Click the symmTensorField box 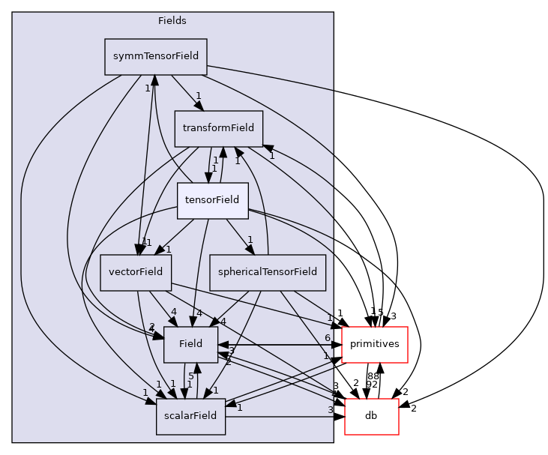[155, 57]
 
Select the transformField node [218, 128]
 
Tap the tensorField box [212, 200]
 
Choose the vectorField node [136, 272]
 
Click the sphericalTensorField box [268, 272]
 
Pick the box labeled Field [190, 345]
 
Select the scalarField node [190, 416]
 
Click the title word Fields [172, 21]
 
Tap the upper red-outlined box [374, 345]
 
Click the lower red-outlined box [371, 417]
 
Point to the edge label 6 [328, 338]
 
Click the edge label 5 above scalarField [191, 376]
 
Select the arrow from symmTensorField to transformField [186, 91]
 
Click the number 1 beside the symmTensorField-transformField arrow [198, 95]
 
